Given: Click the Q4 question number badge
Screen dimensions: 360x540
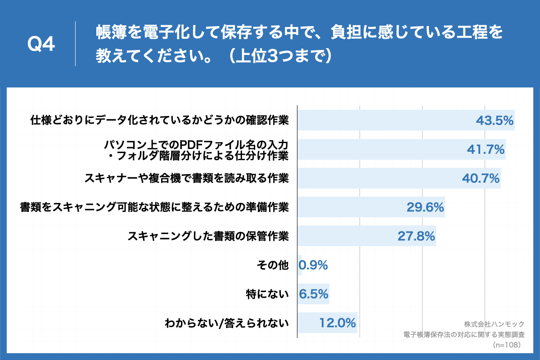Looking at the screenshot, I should click(x=41, y=44).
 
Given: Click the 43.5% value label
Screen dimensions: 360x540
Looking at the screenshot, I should click(x=495, y=120).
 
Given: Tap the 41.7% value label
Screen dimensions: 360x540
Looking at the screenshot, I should click(x=486, y=149).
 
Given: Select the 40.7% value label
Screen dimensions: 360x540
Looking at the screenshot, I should click(x=481, y=178).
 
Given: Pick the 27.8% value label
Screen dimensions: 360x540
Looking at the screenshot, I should click(x=416, y=236).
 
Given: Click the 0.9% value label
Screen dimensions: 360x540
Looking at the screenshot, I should click(x=314, y=265).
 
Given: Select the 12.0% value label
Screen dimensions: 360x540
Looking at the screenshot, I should click(x=338, y=323).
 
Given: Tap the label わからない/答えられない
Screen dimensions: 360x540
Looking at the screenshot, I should click(x=226, y=323).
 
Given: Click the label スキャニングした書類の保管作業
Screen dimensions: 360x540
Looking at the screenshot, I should click(x=208, y=236).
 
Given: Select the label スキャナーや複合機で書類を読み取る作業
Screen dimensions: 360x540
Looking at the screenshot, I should click(x=186, y=178).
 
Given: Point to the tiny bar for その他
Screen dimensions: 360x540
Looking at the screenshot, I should click(x=299, y=265).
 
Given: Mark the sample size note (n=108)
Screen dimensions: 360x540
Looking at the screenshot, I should click(x=507, y=345).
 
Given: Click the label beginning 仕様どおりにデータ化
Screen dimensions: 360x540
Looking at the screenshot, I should click(x=159, y=120).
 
